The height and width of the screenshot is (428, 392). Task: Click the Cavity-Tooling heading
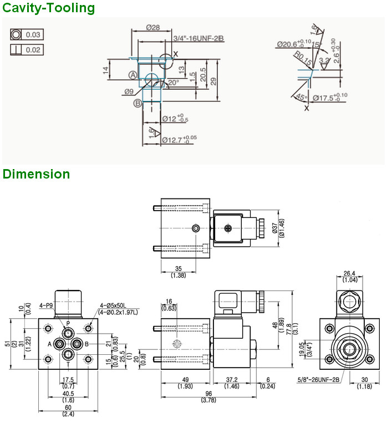pos(49,8)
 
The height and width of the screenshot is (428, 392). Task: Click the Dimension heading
pos(37,174)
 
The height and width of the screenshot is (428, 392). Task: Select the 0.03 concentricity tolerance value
pos(34,35)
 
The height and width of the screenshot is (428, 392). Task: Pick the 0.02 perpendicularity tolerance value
pos(34,50)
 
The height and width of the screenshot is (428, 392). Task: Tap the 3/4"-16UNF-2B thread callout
pos(198,38)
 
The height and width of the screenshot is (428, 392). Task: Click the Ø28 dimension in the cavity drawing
pos(153,27)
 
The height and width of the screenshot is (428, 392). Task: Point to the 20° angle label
pos(174,82)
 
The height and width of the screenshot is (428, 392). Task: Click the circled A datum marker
pos(133,74)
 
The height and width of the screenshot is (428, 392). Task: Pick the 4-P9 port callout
pos(46,305)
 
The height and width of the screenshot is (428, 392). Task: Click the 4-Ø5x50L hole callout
pos(113,305)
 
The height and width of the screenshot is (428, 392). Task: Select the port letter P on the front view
pos(68,323)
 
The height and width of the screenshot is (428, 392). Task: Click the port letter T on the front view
pos(68,365)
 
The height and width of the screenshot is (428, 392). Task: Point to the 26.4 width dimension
pos(349,273)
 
